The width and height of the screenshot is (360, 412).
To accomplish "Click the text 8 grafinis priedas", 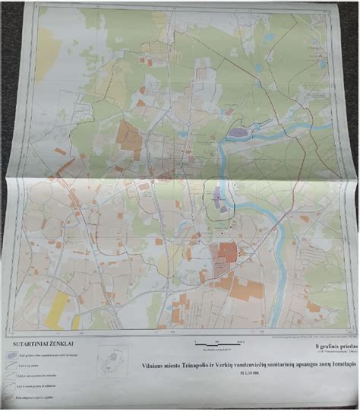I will click(334, 347).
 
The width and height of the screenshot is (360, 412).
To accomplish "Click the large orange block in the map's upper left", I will click(128, 136).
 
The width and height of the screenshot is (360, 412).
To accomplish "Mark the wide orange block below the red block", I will click(244, 288).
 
